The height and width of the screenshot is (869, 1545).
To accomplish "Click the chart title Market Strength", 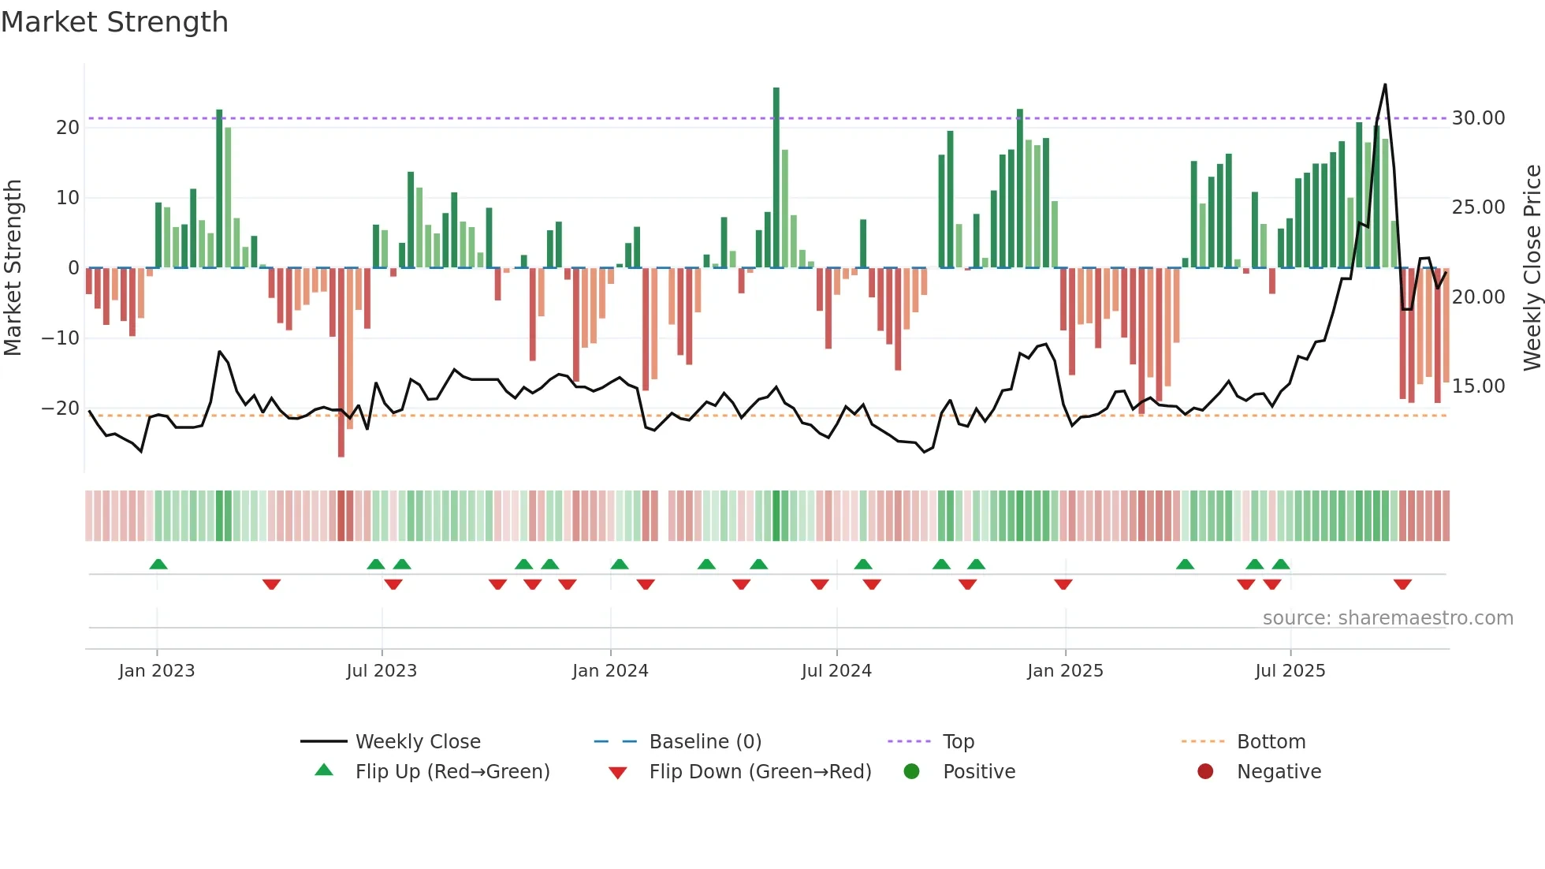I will click(x=114, y=22).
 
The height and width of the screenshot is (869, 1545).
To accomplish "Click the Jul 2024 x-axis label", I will click(x=836, y=671).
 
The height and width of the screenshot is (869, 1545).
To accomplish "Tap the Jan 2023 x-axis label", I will click(x=156, y=671).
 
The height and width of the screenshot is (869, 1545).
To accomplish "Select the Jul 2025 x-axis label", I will click(x=1290, y=671).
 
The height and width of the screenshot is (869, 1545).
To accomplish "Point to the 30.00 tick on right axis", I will click(x=1478, y=118).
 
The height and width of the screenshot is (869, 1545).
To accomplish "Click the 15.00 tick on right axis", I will click(x=1478, y=386).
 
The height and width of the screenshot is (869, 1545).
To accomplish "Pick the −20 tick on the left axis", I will click(x=61, y=408).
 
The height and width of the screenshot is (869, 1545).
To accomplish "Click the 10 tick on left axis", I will click(x=68, y=198).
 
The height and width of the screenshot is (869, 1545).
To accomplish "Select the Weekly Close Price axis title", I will click(x=1532, y=267).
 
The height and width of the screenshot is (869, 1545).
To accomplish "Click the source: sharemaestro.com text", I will click(x=1387, y=618).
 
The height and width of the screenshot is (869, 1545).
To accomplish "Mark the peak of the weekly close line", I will click(x=1385, y=84).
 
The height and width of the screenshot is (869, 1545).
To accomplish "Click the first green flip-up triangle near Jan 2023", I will click(x=158, y=564).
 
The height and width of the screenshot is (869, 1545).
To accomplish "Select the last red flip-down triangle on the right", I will click(x=1402, y=584).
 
